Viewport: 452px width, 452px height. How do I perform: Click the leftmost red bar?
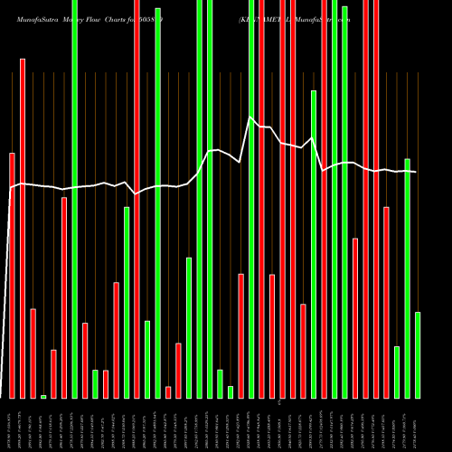(x=12, y=276)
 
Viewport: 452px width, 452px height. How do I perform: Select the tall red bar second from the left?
(x=23, y=228)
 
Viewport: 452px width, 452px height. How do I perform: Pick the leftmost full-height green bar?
(x=74, y=199)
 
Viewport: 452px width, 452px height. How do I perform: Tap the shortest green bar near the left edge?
(x=43, y=396)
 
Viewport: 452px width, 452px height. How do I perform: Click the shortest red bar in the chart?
(x=168, y=391)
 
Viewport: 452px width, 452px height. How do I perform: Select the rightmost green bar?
(x=418, y=354)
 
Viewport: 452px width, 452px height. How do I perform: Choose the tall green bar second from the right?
(x=407, y=278)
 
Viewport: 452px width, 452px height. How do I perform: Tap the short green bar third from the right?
(x=397, y=372)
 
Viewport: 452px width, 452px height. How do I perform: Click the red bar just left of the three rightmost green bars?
(x=386, y=302)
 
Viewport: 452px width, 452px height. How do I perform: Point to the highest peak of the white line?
(x=250, y=118)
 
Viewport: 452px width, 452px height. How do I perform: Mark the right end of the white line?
(x=416, y=172)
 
